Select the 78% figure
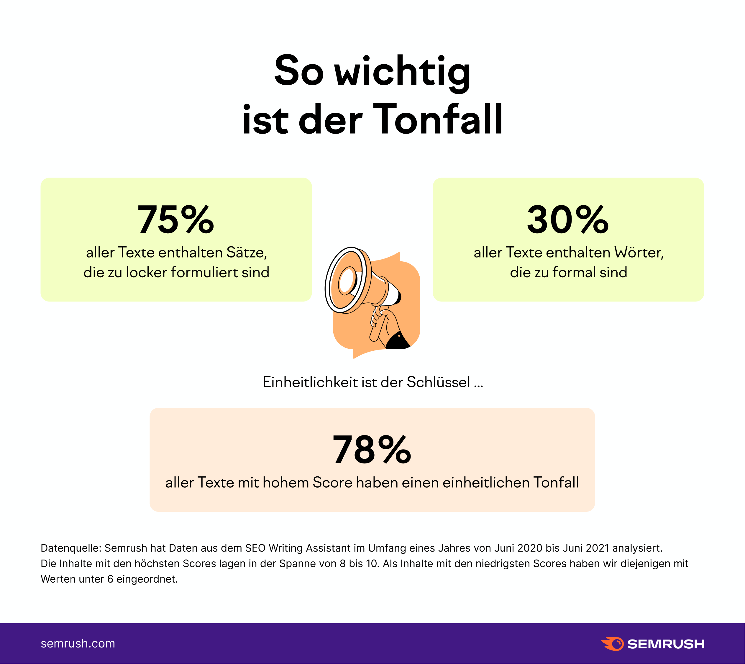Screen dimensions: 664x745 click(372, 450)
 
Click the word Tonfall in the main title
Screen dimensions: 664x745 click(438, 119)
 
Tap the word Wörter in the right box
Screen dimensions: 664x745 click(639, 253)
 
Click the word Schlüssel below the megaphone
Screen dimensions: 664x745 click(438, 382)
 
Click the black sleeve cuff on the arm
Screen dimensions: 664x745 click(398, 342)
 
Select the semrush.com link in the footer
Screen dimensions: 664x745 click(78, 643)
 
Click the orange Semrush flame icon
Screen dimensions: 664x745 click(613, 644)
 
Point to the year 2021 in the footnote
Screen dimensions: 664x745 click(597, 548)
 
